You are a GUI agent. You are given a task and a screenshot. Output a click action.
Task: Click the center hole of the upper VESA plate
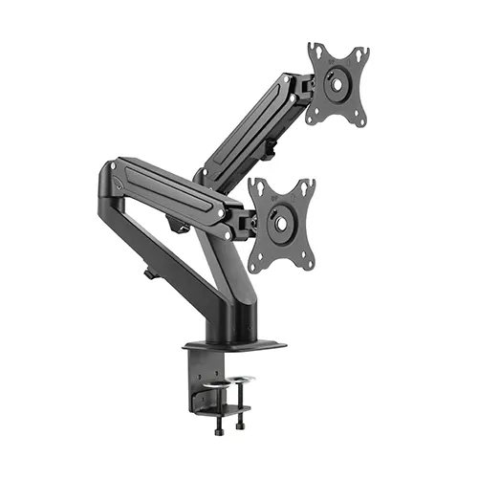click(337, 83)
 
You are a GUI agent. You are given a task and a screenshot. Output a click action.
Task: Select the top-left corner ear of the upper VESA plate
click(314, 51)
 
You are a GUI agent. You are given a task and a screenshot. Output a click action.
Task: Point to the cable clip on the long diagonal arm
click(150, 272)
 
